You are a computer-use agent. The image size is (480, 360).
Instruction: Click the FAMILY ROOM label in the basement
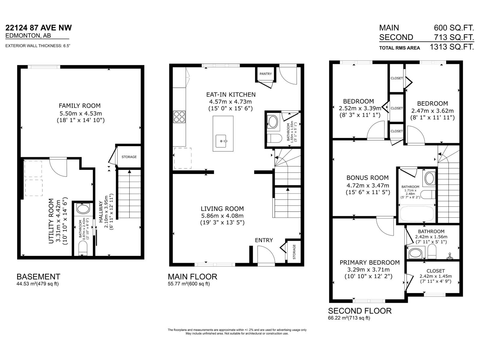(x=79, y=106)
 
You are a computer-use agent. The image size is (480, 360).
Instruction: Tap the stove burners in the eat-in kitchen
(x=179, y=117)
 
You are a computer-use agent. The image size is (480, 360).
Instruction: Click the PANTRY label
(x=265, y=74)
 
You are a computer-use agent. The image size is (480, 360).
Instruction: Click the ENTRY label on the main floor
(x=264, y=240)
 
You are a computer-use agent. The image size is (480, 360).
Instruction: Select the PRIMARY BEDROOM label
(x=370, y=262)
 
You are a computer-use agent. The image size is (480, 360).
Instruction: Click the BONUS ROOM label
(x=367, y=178)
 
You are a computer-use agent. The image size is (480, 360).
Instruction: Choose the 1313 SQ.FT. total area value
(x=451, y=47)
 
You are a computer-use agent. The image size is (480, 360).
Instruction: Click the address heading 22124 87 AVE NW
(x=39, y=28)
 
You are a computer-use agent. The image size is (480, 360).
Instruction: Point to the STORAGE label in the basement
(x=129, y=157)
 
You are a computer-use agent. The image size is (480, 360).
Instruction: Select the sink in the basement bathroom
(x=83, y=208)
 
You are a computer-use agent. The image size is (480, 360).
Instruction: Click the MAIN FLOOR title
(x=192, y=276)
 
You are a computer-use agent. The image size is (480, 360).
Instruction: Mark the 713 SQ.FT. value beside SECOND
(x=454, y=37)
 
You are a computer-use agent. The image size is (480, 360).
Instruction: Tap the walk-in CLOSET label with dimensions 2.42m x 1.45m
(x=436, y=271)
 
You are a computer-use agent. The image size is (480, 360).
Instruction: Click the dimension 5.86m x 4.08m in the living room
(x=222, y=216)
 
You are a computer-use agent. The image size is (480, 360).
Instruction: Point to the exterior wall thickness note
(x=38, y=46)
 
